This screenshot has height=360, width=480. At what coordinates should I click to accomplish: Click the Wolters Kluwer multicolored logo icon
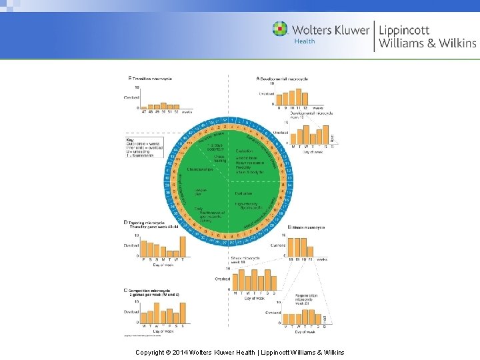coord(280,29)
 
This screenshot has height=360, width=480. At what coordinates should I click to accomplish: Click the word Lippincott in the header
coord(404,29)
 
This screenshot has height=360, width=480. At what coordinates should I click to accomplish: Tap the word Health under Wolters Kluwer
coord(304,41)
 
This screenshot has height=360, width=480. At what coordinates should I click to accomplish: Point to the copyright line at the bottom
coord(239,351)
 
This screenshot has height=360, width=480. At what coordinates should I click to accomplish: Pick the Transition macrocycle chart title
coord(151,78)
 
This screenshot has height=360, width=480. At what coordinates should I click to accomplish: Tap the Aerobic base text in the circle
coord(247,157)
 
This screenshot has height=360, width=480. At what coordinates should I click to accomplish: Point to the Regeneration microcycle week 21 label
coord(303,299)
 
